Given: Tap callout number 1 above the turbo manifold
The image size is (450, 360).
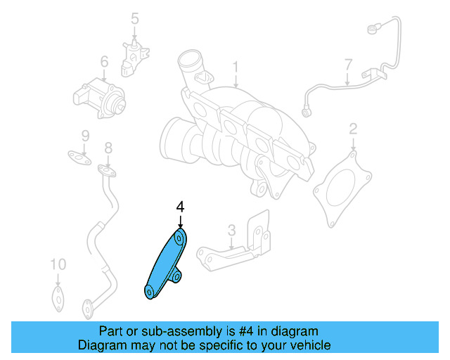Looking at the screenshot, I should [236, 67].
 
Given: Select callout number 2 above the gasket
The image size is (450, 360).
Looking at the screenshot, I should [353, 129].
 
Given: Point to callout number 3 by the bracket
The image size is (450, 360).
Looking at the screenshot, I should [231, 230].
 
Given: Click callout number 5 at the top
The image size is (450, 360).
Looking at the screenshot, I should [135, 18].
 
